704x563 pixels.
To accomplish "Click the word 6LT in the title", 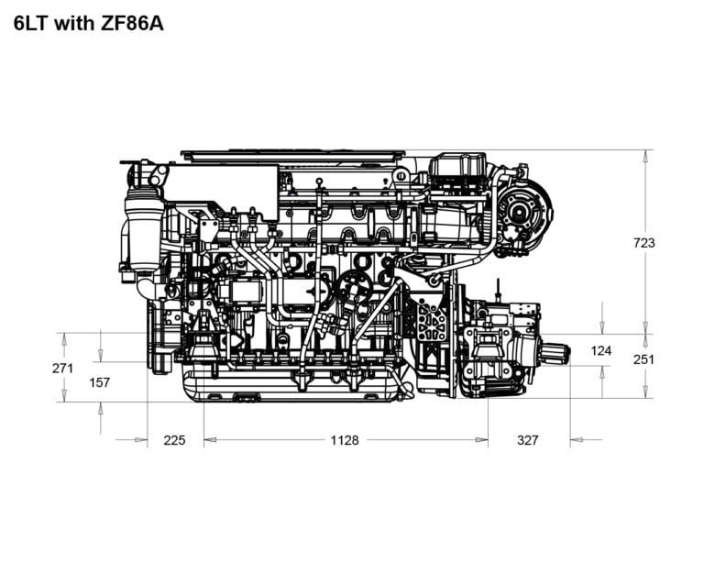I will click(33, 24).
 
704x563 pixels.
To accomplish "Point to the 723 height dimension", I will click(644, 243).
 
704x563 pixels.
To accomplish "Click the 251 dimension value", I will click(644, 359).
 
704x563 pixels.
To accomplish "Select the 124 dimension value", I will click(601, 350).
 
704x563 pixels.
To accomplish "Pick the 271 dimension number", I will click(63, 368).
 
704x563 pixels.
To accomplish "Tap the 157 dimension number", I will click(100, 382).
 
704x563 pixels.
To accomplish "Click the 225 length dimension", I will click(174, 440).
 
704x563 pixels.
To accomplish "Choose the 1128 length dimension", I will click(345, 440).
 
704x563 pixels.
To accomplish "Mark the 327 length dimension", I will click(528, 440).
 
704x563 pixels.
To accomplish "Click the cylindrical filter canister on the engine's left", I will click(142, 234).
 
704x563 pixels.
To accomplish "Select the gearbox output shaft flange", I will click(555, 351).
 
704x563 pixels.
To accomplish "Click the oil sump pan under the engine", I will click(293, 385).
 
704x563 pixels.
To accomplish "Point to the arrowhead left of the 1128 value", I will click(210, 440).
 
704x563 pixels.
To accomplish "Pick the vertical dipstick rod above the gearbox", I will click(498, 292).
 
